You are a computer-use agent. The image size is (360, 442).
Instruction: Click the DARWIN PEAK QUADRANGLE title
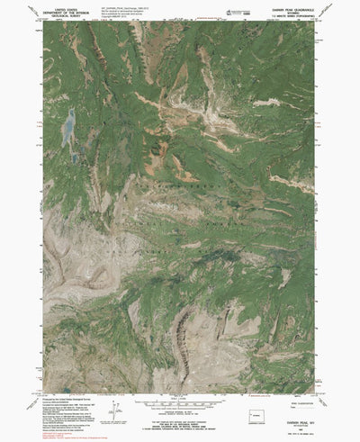pyautogui.click(x=287, y=12)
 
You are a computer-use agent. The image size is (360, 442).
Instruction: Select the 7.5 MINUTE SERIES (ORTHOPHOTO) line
pyautogui.click(x=287, y=20)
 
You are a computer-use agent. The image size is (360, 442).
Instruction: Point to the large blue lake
pyautogui.click(x=66, y=127)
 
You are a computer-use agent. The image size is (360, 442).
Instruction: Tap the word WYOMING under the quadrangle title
pyautogui.click(x=287, y=16)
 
